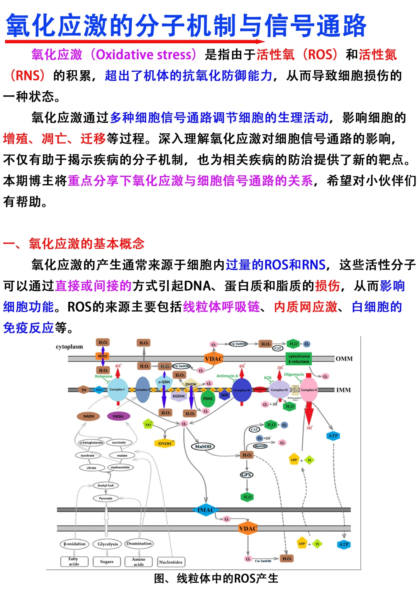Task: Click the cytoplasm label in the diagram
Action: pyautogui.click(x=69, y=347)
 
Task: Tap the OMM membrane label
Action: pyautogui.click(x=344, y=359)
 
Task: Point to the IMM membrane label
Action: pyautogui.click(x=343, y=390)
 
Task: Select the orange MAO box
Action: pyautogui.click(x=103, y=356)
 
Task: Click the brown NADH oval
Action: pyautogui.click(x=89, y=416)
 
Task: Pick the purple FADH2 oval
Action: pyautogui.click(x=118, y=416)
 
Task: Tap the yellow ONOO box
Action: pyautogui.click(x=164, y=444)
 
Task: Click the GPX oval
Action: pyautogui.click(x=246, y=475)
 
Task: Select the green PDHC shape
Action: pyautogui.click(x=208, y=399)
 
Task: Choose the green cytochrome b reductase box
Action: pyautogui.click(x=299, y=359)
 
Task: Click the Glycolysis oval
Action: pyautogui.click(x=108, y=544)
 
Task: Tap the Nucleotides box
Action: pyautogui.click(x=171, y=562)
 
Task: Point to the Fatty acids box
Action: pyautogui.click(x=74, y=561)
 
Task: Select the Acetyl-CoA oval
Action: pyautogui.click(x=105, y=485)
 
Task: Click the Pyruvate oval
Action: pyautogui.click(x=105, y=498)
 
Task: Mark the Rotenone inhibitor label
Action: pyautogui.click(x=103, y=376)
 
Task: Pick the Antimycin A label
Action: pyautogui.click(x=227, y=376)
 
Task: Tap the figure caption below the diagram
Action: pyautogui.click(x=216, y=578)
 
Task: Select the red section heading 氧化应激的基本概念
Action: pyautogui.click(x=86, y=244)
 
